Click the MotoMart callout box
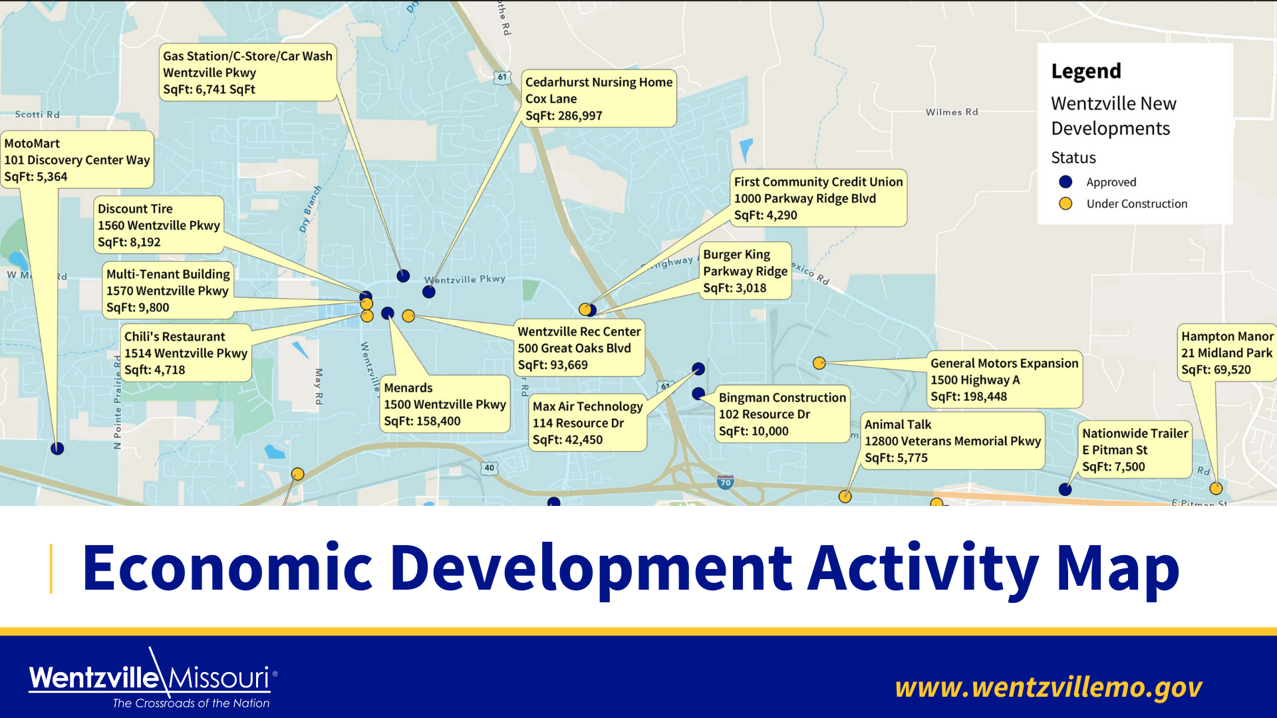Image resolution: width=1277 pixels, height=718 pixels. pyautogui.click(x=77, y=160)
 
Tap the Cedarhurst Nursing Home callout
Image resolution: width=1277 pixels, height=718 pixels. pyautogui.click(x=599, y=98)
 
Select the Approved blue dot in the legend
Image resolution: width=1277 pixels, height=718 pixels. pyautogui.click(x=1065, y=181)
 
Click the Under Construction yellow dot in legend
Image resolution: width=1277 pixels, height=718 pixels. pyautogui.click(x=1065, y=203)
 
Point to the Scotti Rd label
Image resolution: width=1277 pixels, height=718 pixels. pyautogui.click(x=37, y=114)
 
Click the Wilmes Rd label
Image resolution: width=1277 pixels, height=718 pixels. pyautogui.click(x=952, y=112)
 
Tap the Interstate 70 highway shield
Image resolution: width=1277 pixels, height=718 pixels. pyautogui.click(x=726, y=483)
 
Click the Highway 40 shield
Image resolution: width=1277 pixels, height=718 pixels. pyautogui.click(x=490, y=467)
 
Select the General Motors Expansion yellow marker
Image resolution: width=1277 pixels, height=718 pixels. pyautogui.click(x=819, y=363)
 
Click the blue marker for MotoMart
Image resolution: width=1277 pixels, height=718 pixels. pyautogui.click(x=57, y=449)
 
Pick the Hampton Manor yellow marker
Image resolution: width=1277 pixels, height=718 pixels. pyautogui.click(x=1216, y=489)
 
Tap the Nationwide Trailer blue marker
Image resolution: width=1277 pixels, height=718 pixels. pyautogui.click(x=1065, y=489)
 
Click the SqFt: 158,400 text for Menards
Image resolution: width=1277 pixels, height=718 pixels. pyautogui.click(x=422, y=421)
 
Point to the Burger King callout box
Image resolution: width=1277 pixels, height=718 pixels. pyautogui.click(x=746, y=271)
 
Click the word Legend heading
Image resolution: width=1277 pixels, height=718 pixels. pyautogui.click(x=1086, y=71)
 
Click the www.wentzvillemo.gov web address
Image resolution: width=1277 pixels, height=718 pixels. pyautogui.click(x=1048, y=687)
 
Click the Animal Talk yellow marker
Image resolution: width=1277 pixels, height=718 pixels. pyautogui.click(x=845, y=497)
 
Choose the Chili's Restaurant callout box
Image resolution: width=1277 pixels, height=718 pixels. pyautogui.click(x=186, y=353)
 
